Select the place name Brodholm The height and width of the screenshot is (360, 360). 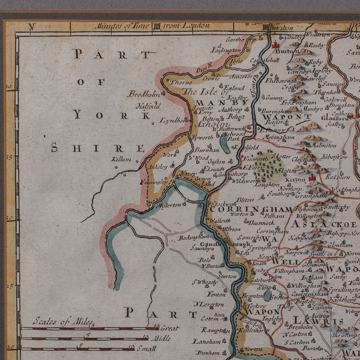[x=142, y=94]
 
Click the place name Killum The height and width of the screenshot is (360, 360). [x=121, y=159]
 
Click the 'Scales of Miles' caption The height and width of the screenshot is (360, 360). [x=62, y=322]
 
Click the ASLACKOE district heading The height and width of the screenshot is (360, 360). [x=327, y=223]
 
